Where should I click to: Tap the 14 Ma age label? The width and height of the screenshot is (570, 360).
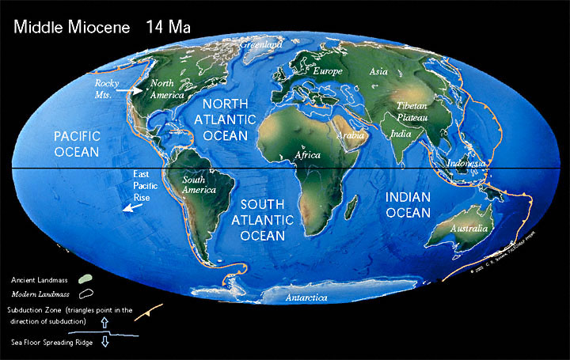tap(167, 26)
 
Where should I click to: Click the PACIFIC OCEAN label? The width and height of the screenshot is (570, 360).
tap(77, 143)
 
